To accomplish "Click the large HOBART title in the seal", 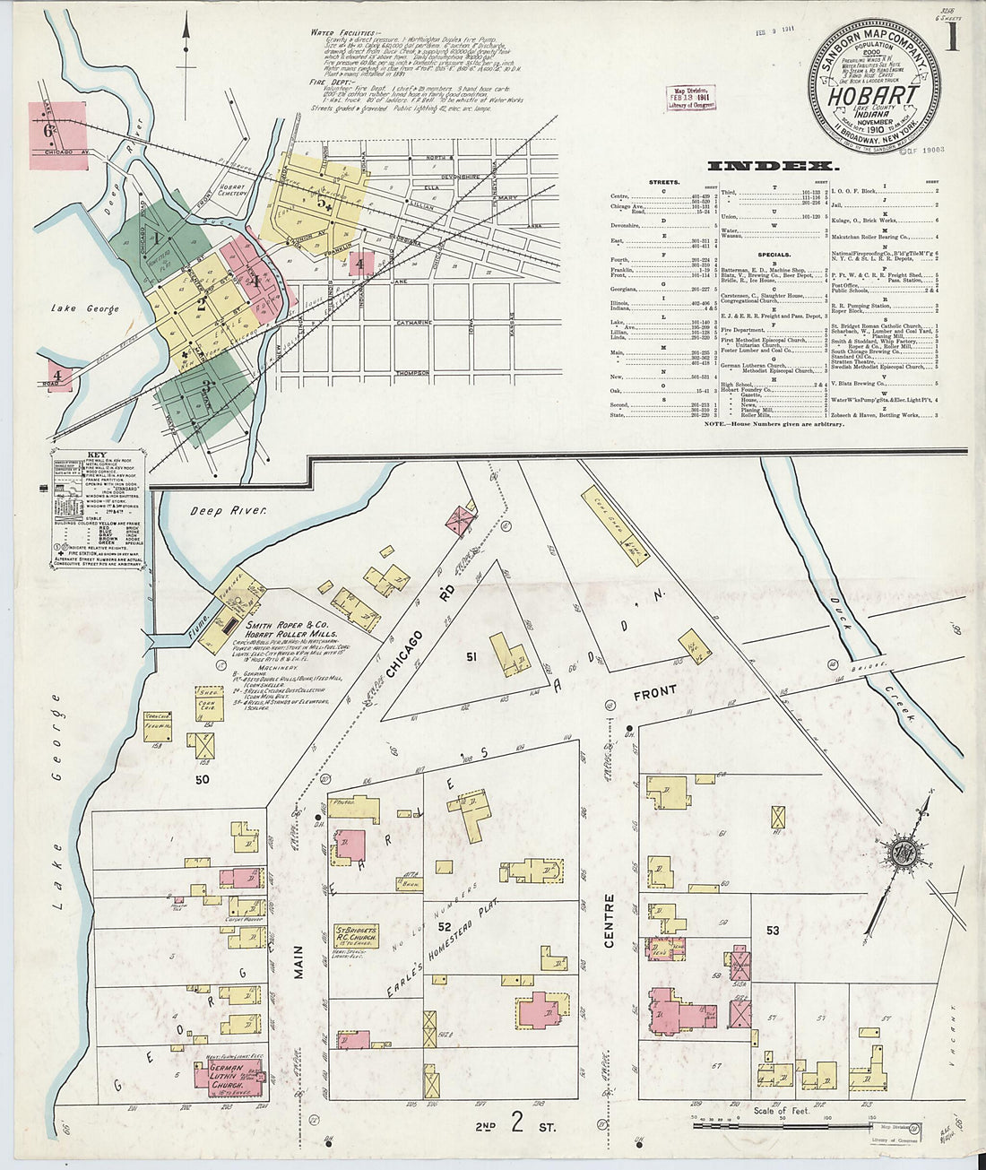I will coord(874,95).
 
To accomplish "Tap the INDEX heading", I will coord(773,166).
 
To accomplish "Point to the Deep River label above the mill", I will coord(228,510).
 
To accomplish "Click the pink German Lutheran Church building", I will coord(230,1079).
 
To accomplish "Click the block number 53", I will coord(773,931).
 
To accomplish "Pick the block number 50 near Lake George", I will coord(202,779).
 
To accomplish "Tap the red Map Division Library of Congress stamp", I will coord(689,99).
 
